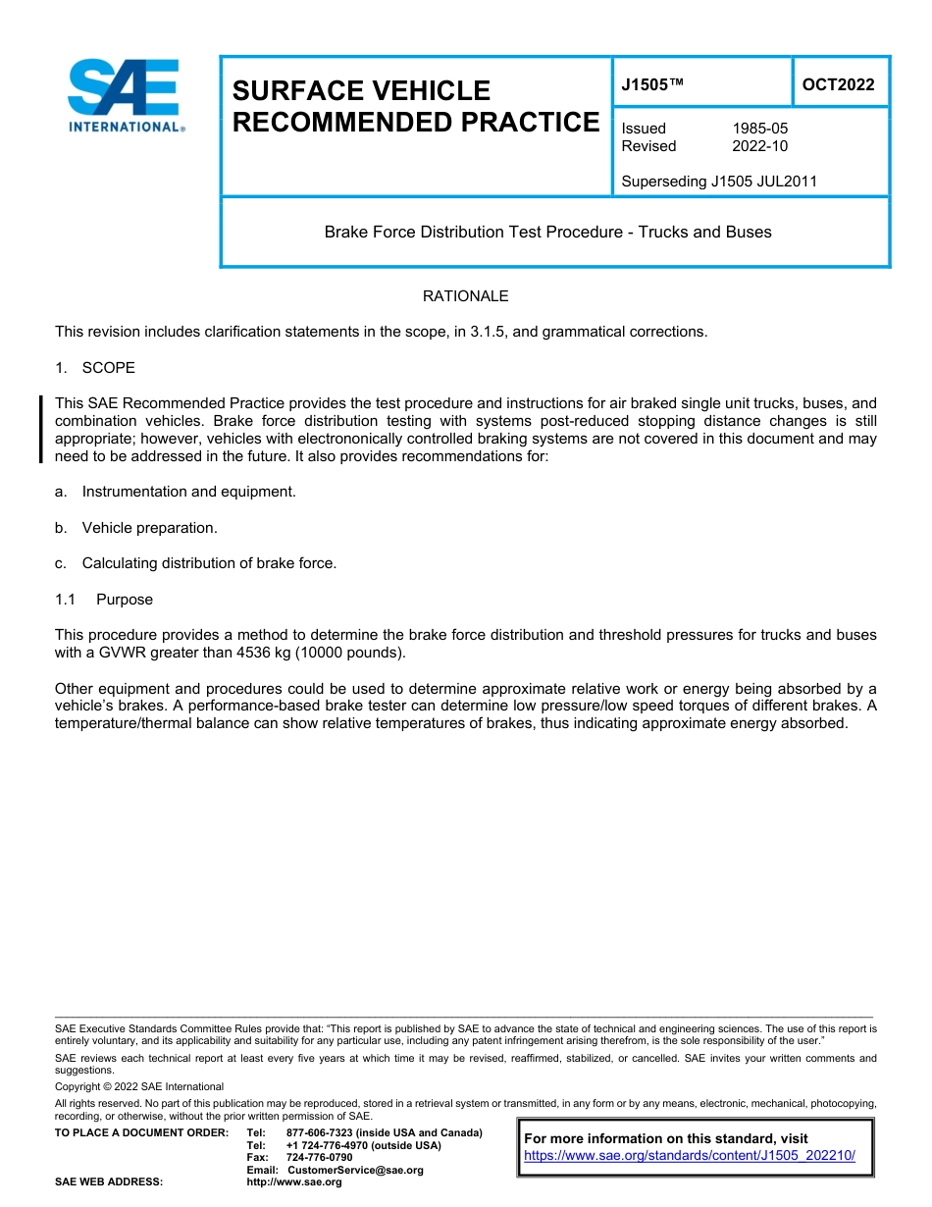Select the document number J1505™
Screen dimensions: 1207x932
651,84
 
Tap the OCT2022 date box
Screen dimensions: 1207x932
839,84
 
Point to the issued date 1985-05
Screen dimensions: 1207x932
759,129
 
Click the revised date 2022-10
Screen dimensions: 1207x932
759,146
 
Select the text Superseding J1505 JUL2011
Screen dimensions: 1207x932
719,182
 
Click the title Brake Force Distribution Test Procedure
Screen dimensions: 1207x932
547,233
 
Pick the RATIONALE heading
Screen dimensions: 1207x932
465,296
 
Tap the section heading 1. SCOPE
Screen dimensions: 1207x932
95,368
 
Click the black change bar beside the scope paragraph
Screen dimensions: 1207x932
41,429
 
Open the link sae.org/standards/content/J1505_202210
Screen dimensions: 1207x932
690,1156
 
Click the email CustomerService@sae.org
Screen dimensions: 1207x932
355,1170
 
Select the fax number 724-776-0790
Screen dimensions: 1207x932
320,1158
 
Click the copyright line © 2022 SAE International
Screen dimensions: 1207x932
139,1086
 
